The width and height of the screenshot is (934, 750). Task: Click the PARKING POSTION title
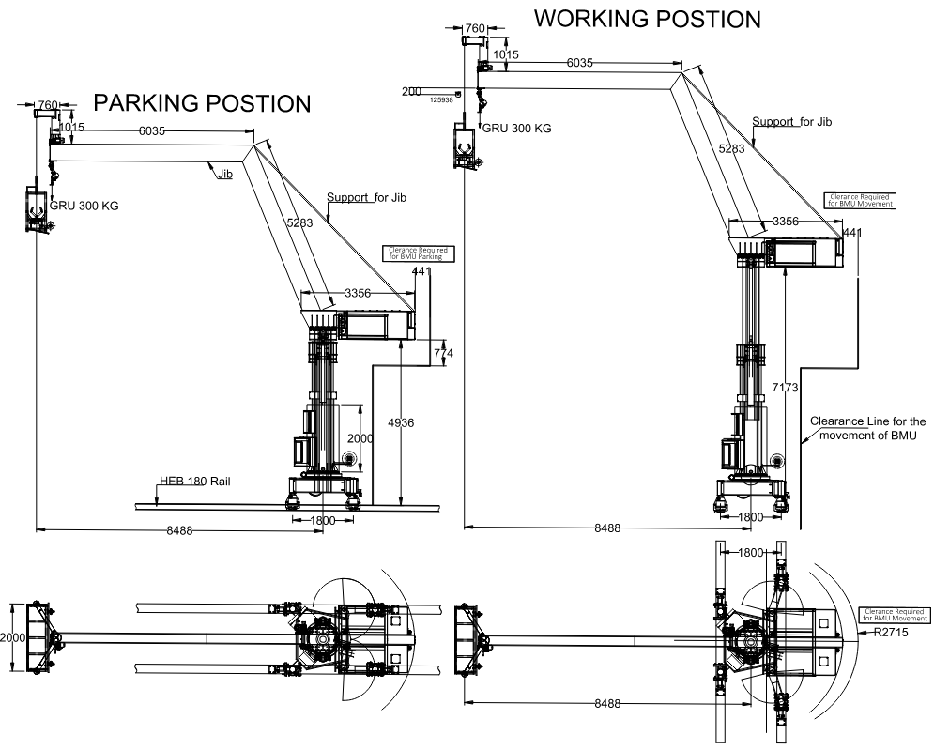click(203, 102)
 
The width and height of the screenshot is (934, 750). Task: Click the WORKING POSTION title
click(647, 19)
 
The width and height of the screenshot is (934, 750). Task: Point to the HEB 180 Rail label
click(194, 482)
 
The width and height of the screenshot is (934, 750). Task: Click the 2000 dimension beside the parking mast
click(360, 438)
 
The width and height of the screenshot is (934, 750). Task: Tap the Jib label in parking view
click(225, 174)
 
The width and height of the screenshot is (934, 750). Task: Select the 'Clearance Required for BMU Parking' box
click(416, 253)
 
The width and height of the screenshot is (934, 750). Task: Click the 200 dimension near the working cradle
click(411, 92)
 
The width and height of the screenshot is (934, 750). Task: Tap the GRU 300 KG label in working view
click(515, 129)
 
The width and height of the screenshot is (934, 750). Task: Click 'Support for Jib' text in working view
click(792, 122)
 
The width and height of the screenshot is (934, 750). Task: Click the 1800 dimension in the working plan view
click(752, 553)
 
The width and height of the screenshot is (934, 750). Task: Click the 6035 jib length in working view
click(579, 63)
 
